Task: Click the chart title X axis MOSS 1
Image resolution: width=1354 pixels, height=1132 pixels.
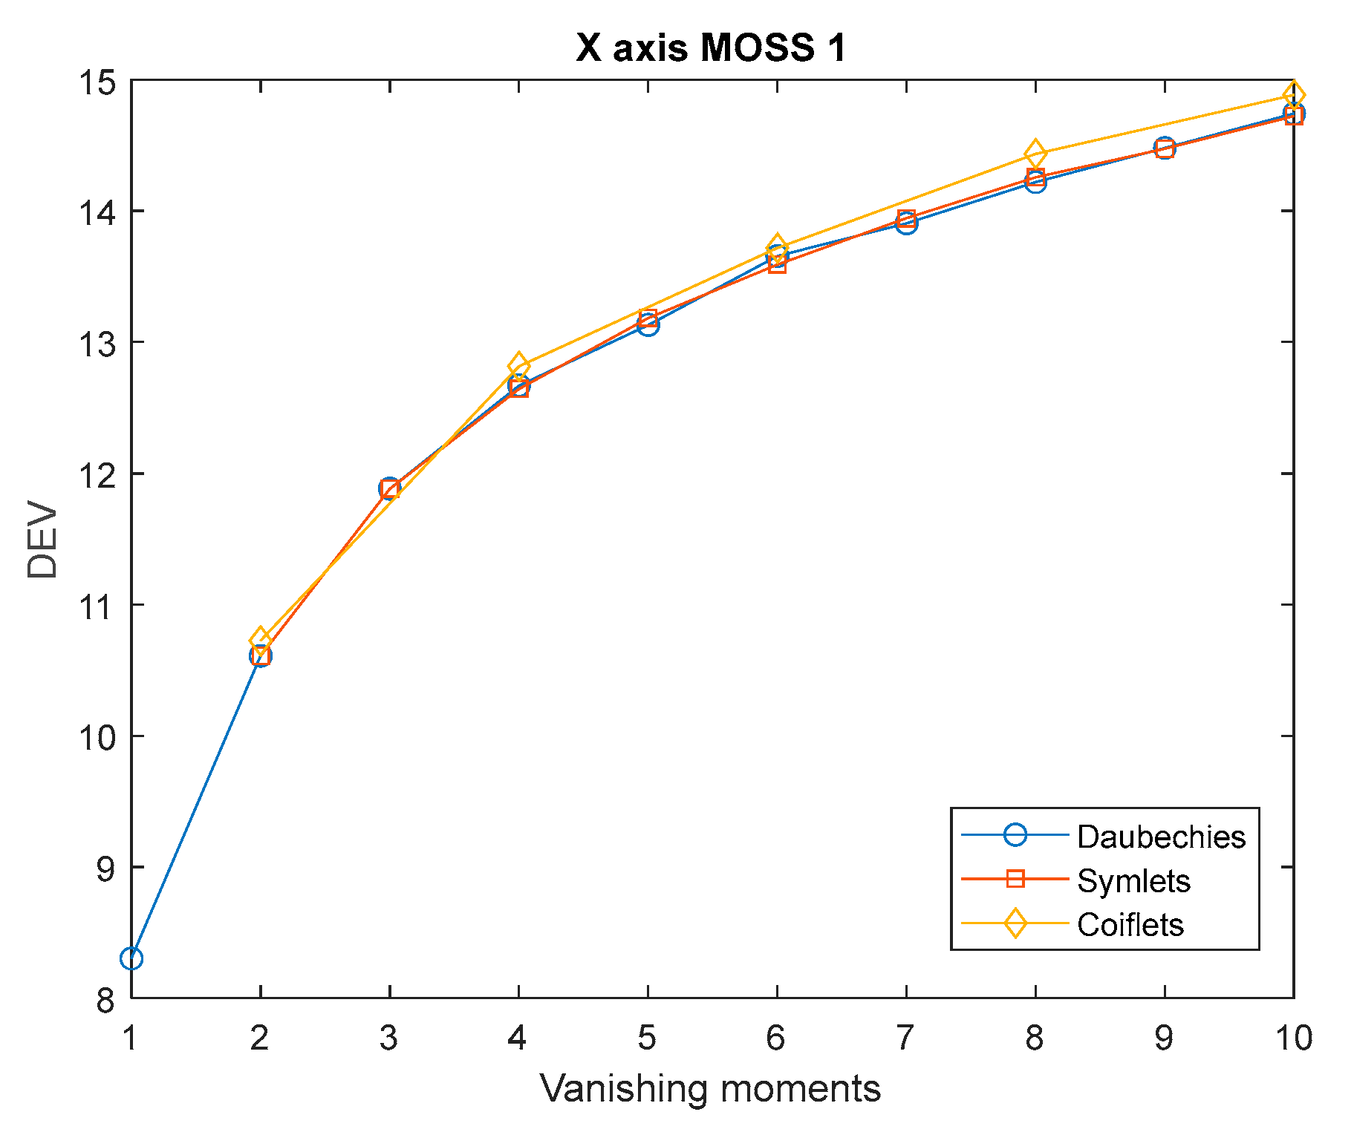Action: pos(711,48)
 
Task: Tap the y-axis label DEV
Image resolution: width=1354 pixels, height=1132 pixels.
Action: pos(42,540)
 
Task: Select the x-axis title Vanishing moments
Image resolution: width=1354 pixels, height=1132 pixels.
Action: pos(710,1089)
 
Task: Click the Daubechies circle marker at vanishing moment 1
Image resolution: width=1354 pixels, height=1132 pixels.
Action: pos(131,958)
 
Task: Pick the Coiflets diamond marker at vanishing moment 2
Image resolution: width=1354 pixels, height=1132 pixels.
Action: pos(260,639)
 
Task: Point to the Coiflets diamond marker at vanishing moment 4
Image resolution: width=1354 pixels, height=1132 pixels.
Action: pos(518,365)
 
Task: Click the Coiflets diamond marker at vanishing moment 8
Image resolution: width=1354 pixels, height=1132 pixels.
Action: pos(1035,154)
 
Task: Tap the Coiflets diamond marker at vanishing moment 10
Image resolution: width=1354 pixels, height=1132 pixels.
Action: pos(1293,95)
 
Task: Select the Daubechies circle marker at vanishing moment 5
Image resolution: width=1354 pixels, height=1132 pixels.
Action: pos(648,324)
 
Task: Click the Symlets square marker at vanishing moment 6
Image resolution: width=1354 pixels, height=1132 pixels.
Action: pos(777,264)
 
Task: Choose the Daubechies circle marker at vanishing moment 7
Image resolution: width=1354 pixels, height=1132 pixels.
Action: pos(906,223)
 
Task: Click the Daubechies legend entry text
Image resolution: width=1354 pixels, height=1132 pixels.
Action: pos(1160,837)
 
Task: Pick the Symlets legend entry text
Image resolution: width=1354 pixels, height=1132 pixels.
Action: pos(1133,880)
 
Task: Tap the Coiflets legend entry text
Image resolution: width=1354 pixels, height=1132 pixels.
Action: pos(1130,924)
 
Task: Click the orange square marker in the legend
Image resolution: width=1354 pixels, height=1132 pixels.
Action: pos(1015,880)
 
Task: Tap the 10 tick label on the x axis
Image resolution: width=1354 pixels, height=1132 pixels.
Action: pos(1293,1037)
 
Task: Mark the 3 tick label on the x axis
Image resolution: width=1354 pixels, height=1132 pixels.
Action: pos(388,1037)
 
